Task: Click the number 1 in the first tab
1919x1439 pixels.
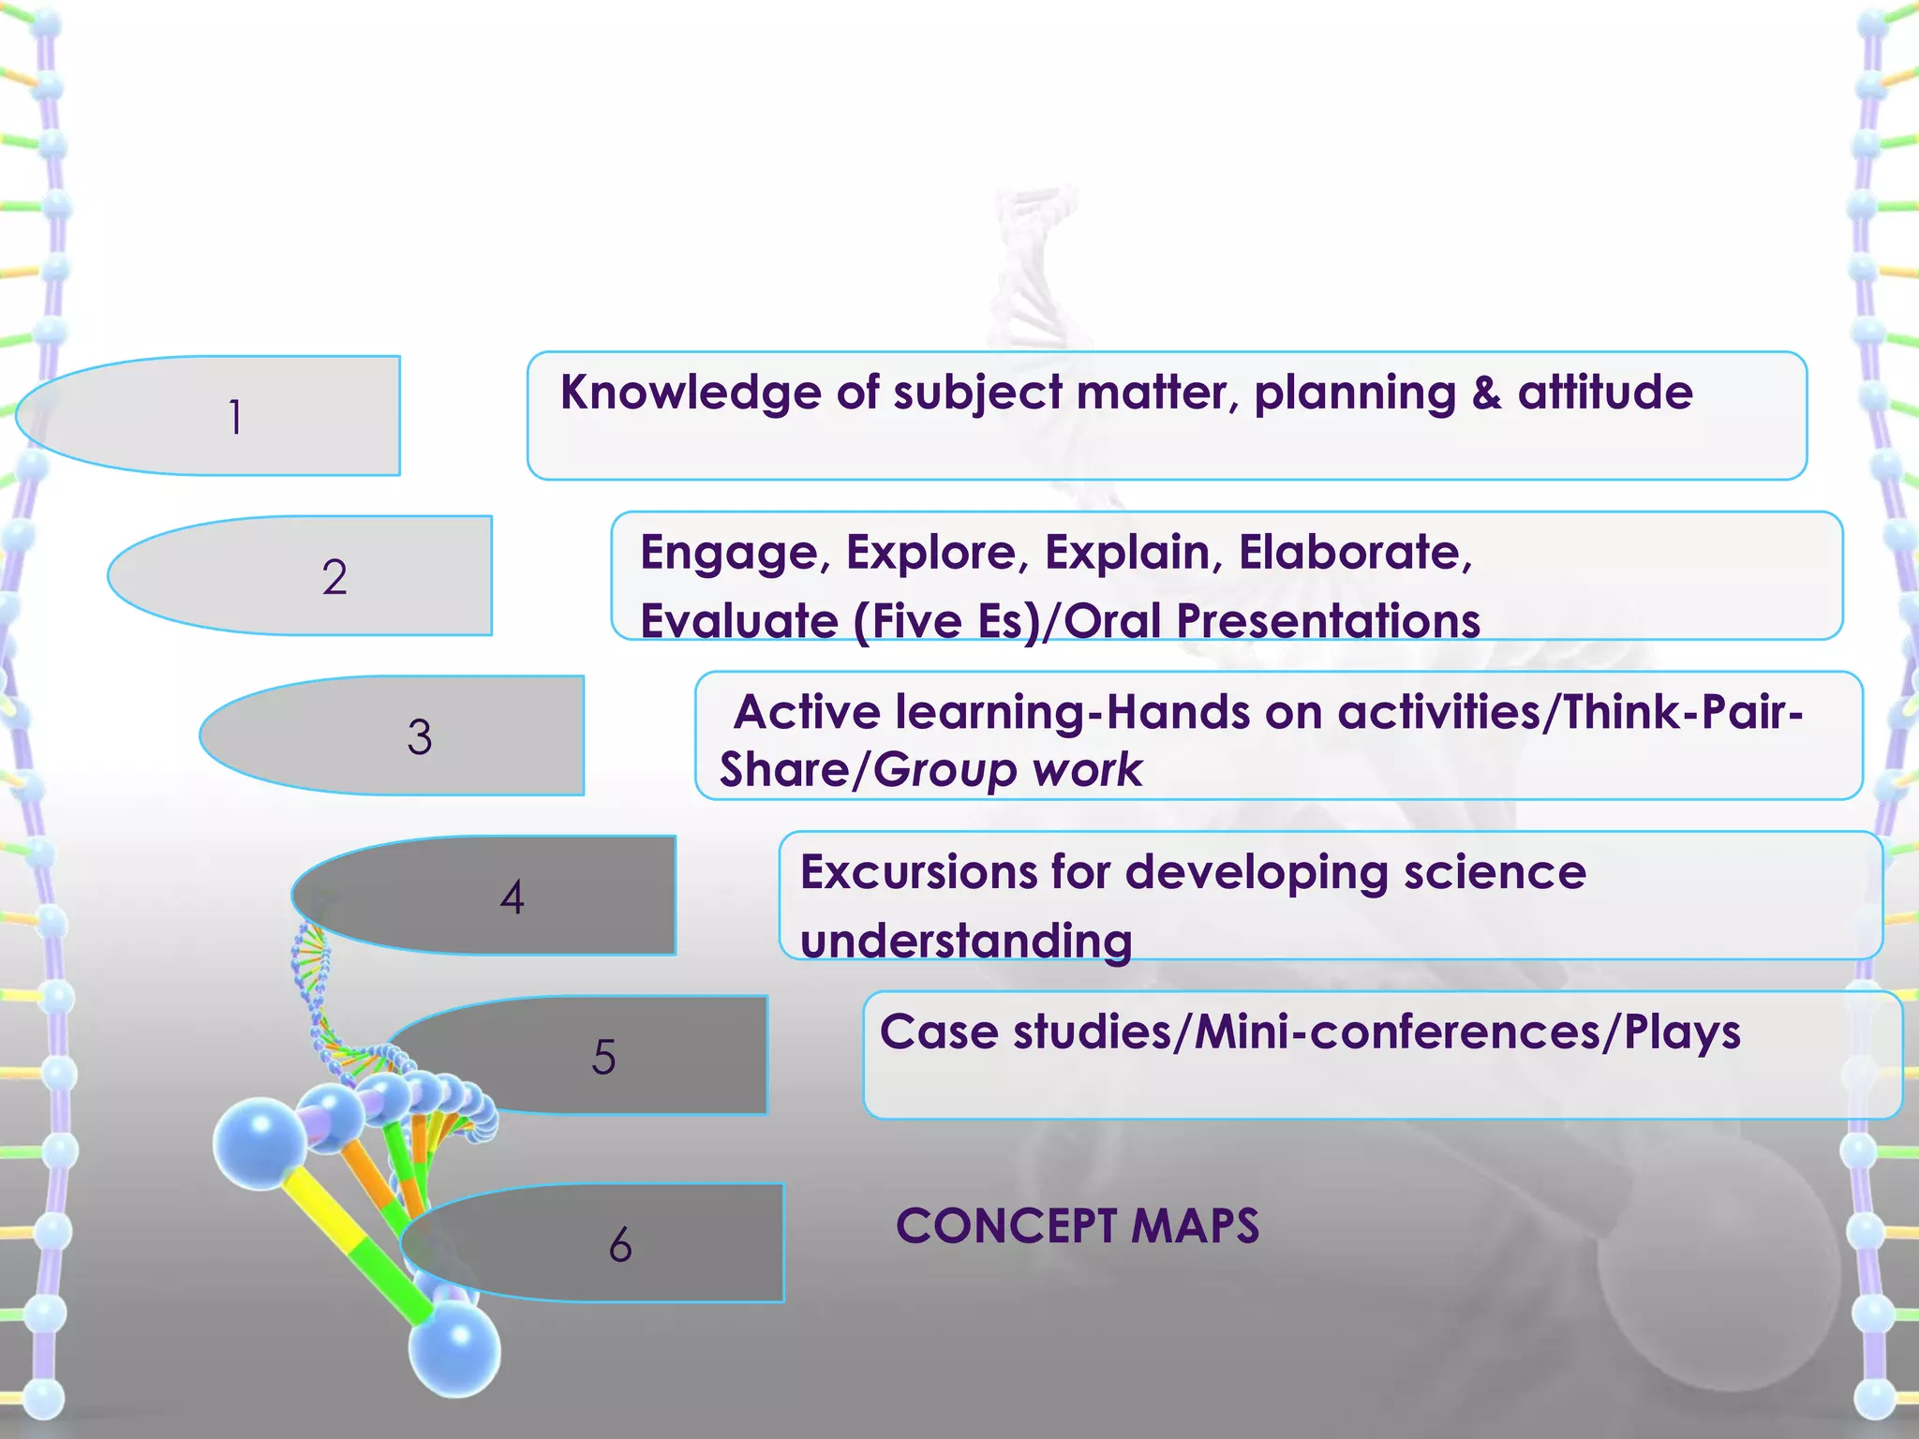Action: [235, 417]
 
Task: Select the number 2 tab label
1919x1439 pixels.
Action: [335, 577]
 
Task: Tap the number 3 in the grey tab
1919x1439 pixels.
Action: [420, 737]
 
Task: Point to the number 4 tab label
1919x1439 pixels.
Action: [512, 897]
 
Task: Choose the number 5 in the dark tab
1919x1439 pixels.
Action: [604, 1057]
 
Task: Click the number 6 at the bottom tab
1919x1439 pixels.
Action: [620, 1245]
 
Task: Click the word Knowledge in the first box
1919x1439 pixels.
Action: [691, 393]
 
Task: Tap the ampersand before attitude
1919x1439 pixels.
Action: [1486, 393]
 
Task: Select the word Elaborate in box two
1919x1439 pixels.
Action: [1355, 552]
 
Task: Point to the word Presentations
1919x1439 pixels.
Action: [1328, 621]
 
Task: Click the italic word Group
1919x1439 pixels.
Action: [945, 770]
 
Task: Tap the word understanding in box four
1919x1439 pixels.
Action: [966, 941]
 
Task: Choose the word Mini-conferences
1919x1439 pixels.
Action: [1398, 1032]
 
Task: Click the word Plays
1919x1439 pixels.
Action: [1682, 1032]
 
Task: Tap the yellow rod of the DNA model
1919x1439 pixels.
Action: [323, 1209]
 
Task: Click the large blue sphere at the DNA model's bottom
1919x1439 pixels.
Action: [454, 1350]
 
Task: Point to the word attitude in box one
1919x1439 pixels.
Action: [1605, 393]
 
